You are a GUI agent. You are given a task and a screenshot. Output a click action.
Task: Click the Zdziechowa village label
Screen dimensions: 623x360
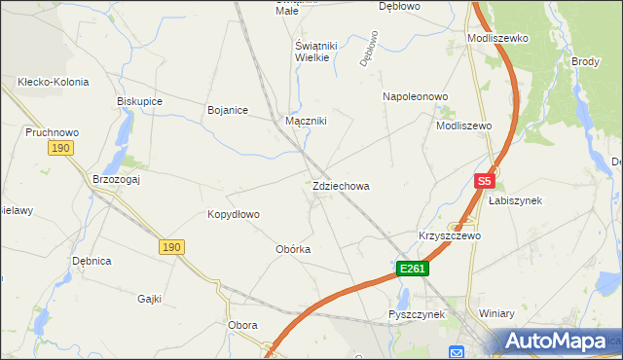pyautogui.click(x=341, y=186)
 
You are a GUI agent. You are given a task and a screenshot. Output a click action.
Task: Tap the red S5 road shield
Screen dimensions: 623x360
pyautogui.click(x=485, y=181)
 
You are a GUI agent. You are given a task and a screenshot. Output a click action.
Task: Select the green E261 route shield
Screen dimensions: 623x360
pyautogui.click(x=412, y=268)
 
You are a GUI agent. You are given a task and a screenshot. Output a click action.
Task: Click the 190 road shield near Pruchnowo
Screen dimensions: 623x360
pyautogui.click(x=61, y=148)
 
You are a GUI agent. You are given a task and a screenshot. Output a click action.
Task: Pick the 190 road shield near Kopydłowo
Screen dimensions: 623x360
pyautogui.click(x=171, y=248)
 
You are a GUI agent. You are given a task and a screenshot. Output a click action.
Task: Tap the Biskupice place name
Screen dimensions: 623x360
pyautogui.click(x=139, y=101)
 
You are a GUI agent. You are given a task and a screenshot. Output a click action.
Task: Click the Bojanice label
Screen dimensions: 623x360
pyautogui.click(x=230, y=110)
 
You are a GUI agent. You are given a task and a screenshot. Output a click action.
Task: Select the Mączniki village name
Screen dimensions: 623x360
pyautogui.click(x=306, y=122)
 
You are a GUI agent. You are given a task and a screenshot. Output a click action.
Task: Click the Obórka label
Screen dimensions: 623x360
pyautogui.click(x=293, y=249)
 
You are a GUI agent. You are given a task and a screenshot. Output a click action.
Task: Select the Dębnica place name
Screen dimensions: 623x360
pyautogui.click(x=92, y=261)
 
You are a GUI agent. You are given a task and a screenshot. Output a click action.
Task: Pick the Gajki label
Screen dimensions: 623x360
pyautogui.click(x=149, y=299)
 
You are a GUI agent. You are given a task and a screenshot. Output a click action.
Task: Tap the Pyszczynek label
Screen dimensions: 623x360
pyautogui.click(x=416, y=314)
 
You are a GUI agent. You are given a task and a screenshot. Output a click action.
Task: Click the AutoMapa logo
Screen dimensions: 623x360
pyautogui.click(x=555, y=342)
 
